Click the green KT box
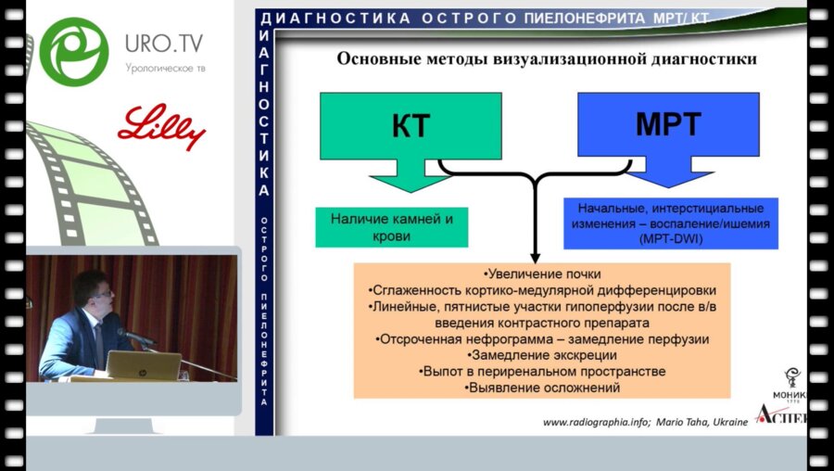pos(410,125)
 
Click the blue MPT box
pos(667,125)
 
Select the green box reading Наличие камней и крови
pos(391,227)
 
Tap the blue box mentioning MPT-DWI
pos(670,223)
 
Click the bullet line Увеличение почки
pos(542,274)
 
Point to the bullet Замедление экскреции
pos(542,355)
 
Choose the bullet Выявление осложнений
pos(542,388)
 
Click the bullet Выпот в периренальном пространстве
pos(542,371)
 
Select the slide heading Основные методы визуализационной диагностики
pos(546,59)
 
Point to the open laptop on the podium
pos(143,365)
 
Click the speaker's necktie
pos(98,344)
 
